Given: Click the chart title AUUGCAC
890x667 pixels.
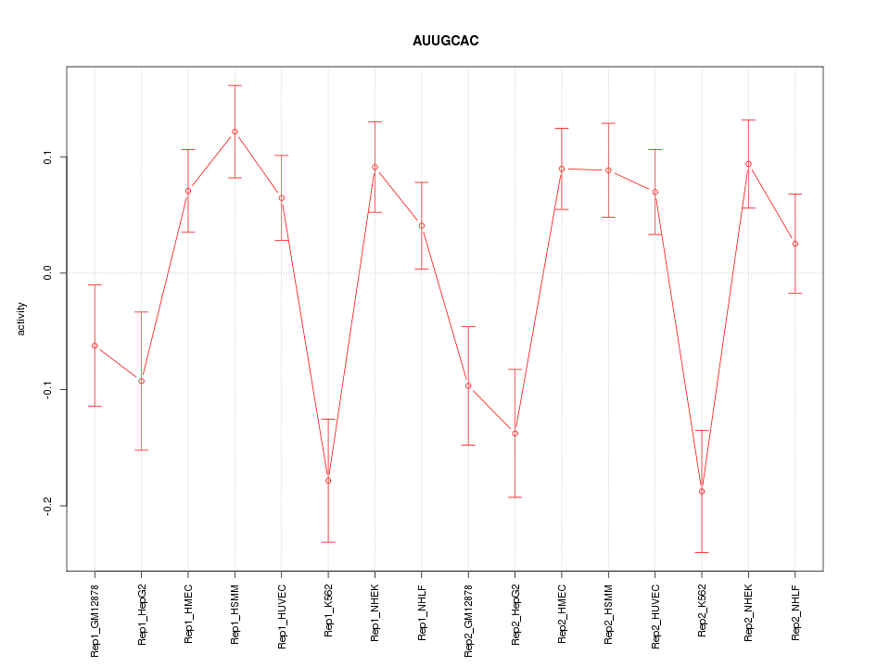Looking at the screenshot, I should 445,41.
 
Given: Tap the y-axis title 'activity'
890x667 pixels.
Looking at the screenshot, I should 22,319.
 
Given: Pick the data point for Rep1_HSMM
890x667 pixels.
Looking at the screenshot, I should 235,132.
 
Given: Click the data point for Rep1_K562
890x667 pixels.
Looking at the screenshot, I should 328,481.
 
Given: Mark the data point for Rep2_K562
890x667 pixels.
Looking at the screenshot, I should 702,491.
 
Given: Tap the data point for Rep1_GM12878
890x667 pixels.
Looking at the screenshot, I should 95,346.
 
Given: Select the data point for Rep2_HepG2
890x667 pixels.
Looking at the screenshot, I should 515,434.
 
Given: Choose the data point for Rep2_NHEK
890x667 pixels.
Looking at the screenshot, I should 748,164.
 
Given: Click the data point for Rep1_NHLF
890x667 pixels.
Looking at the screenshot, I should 422,226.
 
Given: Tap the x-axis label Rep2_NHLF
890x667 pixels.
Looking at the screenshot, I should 795,612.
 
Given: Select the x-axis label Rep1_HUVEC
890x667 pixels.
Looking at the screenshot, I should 282,614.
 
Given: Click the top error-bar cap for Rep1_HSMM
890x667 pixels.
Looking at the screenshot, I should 235,85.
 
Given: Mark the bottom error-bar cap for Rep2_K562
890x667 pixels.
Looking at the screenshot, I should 702,552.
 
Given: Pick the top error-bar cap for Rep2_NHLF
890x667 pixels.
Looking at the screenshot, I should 795,194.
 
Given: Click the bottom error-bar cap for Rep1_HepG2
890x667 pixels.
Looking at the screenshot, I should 141,450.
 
